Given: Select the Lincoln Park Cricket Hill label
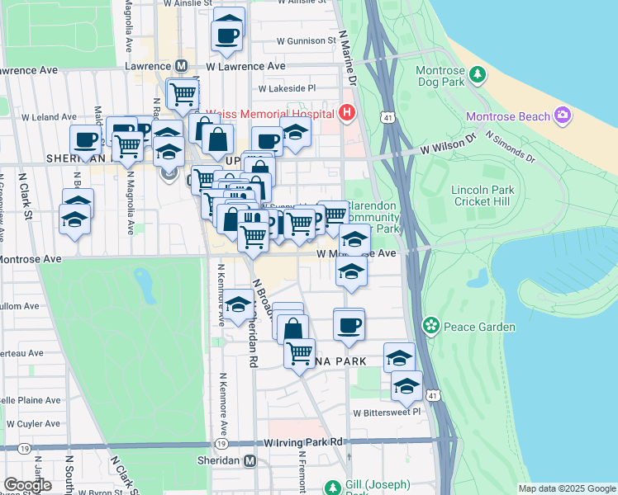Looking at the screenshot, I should pos(483,196).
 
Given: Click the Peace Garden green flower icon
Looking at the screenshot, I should pos(430,326).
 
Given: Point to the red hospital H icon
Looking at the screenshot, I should pos(347,113).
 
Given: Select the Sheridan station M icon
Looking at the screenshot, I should pos(250,460).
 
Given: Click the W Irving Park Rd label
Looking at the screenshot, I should pos(303,443).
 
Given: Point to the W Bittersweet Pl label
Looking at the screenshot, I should pos(387,412).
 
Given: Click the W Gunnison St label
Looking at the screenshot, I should pos(306,40).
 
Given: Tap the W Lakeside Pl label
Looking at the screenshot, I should pos(287,88).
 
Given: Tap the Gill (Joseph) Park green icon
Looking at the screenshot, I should pos(333,488).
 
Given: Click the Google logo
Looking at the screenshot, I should pos(28,484).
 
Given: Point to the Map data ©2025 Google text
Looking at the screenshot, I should pos(567,488).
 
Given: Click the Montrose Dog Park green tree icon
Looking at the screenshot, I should pos(477,75).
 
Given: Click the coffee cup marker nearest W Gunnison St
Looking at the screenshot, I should pos(226,35).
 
